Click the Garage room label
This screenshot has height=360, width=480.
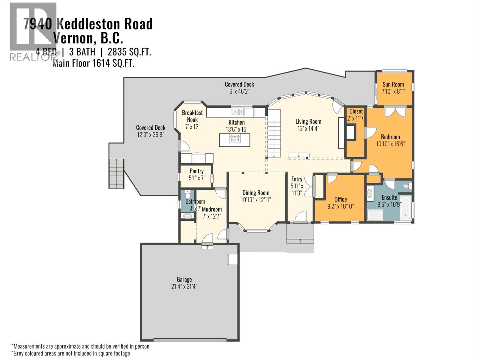(x=184, y=280)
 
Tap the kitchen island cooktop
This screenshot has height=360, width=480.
(x=235, y=139)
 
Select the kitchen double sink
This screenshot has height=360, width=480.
(x=238, y=112)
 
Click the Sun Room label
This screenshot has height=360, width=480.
(x=393, y=84)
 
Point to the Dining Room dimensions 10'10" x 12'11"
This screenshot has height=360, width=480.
(x=256, y=200)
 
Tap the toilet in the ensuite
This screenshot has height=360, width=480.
(x=407, y=186)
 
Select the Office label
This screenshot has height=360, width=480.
(x=340, y=199)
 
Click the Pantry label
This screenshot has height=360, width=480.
(x=196, y=171)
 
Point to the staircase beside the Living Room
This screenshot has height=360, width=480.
(x=274, y=133)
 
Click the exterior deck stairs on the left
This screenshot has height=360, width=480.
(x=116, y=173)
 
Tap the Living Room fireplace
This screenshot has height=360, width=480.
(x=350, y=132)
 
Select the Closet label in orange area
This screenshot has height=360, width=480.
(x=356, y=111)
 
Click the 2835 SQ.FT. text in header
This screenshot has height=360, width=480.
(x=129, y=52)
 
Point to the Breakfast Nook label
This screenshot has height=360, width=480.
(x=192, y=116)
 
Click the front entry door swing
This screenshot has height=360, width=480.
(x=301, y=217)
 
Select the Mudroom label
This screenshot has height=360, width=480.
(x=212, y=209)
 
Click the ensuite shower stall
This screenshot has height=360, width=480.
(x=375, y=215)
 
